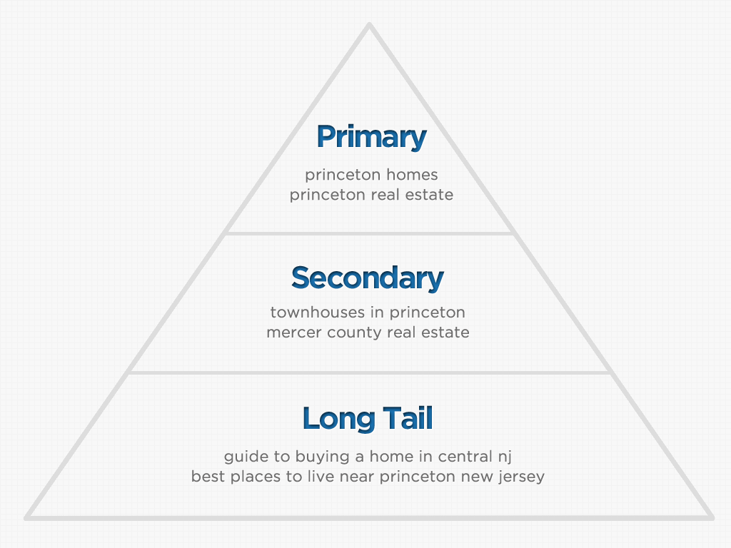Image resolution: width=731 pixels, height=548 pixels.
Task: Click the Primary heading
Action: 371,137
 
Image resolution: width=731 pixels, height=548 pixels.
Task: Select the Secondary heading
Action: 368,278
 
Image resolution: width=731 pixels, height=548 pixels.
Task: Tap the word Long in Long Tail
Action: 338,419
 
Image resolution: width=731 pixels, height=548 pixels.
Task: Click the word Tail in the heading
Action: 408,417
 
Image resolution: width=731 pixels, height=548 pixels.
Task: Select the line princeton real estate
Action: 371,196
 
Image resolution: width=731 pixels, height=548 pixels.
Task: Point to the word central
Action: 465,456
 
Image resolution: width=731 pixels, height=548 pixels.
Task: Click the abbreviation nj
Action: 505,457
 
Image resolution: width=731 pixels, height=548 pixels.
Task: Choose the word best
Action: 208,477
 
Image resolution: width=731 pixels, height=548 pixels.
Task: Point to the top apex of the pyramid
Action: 369,24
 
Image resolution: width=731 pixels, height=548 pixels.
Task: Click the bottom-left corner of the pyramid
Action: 27,518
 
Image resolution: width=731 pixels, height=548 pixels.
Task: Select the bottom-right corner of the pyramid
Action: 712,518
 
